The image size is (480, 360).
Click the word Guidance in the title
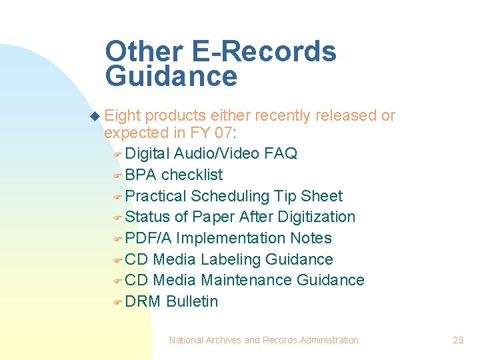(171, 77)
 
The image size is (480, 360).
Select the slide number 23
(457, 340)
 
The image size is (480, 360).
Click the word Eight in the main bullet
(123, 116)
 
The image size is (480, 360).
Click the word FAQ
(281, 153)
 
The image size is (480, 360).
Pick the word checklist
(192, 175)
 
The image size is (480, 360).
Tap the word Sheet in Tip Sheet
(322, 196)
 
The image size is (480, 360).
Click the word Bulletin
(192, 301)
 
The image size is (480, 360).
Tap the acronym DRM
(143, 301)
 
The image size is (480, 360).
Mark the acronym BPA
(141, 175)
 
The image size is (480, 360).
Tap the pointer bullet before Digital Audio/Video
(116, 154)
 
